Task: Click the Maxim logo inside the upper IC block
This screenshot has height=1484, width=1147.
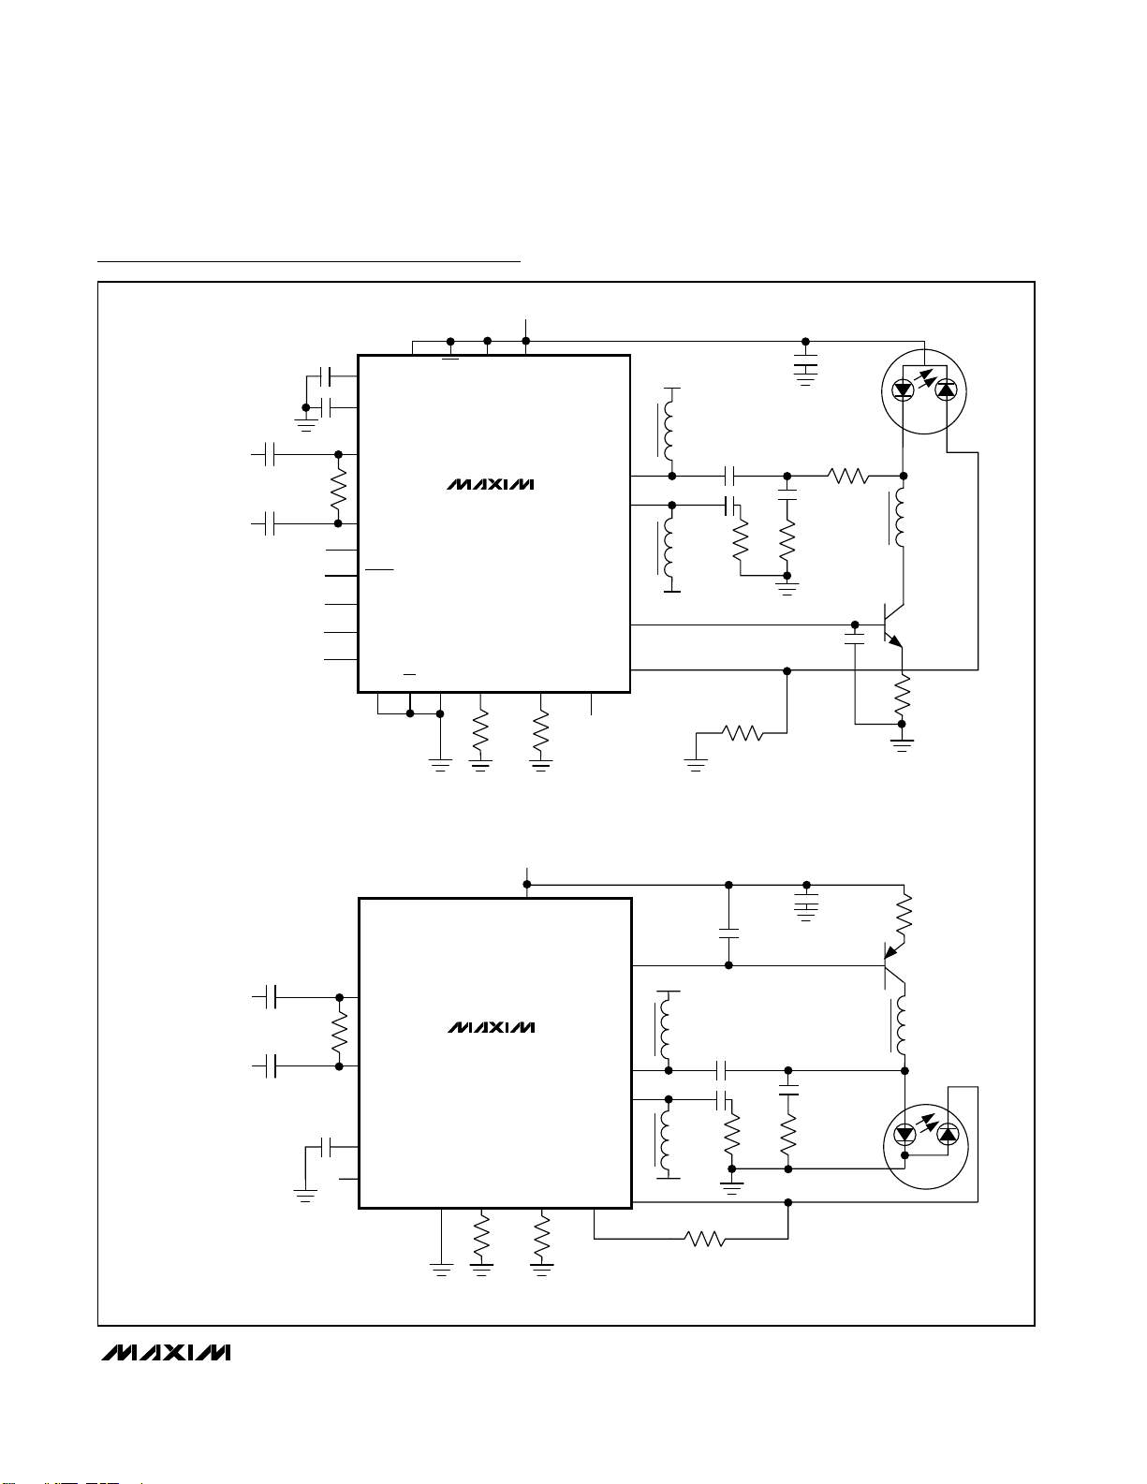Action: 490,485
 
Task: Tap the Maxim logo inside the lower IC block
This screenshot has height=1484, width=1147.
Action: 491,1027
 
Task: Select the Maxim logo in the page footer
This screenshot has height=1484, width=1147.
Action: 166,1353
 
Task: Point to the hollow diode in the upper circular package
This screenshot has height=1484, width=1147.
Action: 904,389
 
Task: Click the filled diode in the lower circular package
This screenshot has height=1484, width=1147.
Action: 948,1135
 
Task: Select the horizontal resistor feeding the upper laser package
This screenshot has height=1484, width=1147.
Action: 848,477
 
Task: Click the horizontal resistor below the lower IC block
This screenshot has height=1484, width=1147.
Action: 706,1240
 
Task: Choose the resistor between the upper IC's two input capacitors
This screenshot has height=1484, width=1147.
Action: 339,489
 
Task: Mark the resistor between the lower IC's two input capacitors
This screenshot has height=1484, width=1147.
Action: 339,1031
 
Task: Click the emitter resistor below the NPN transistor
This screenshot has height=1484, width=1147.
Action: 903,695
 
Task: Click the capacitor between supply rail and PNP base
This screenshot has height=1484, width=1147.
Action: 728,933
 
